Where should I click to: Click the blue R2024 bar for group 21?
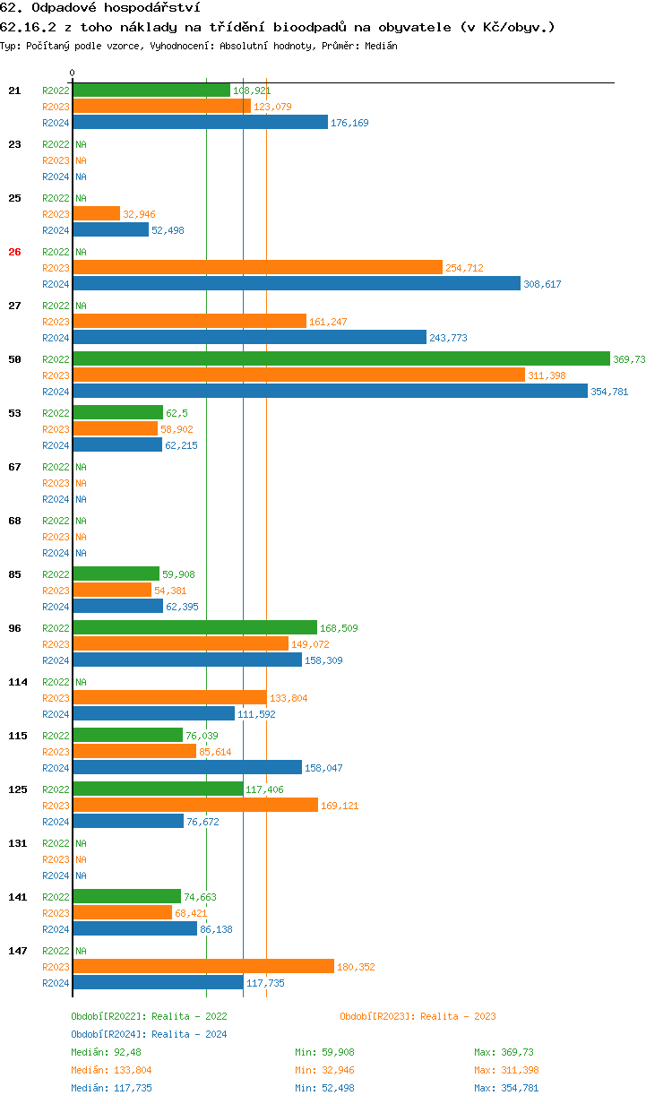click(200, 123)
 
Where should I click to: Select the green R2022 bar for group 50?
click(341, 359)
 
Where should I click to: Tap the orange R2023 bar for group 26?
click(258, 268)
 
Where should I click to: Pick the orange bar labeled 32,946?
click(96, 214)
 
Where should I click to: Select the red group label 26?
click(14, 252)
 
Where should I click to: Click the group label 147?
click(17, 951)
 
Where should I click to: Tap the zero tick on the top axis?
click(73, 73)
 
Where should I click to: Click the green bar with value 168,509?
click(194, 628)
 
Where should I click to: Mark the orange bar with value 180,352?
click(203, 967)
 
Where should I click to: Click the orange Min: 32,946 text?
click(331, 1070)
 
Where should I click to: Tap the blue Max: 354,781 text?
click(506, 1088)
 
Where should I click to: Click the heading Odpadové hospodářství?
click(100, 8)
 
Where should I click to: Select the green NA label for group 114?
click(81, 682)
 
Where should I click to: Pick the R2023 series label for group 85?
click(56, 591)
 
